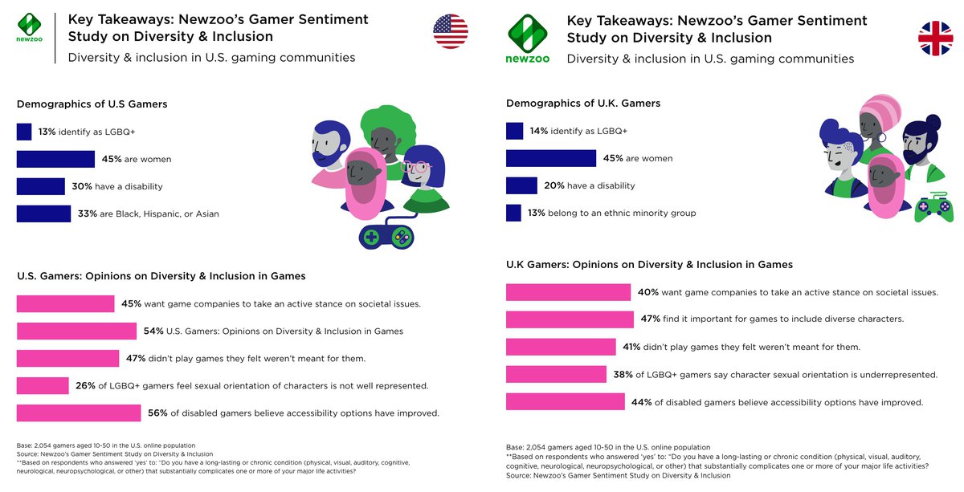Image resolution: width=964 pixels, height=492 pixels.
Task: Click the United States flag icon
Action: [x=451, y=31]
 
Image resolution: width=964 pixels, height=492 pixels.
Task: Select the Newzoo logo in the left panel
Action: [x=30, y=26]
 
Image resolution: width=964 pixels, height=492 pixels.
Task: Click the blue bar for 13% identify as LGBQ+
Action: [x=24, y=132]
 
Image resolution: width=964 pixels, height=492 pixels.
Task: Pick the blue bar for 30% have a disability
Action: [x=41, y=186]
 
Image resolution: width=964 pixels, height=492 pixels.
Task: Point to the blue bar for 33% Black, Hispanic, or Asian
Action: [x=43, y=213]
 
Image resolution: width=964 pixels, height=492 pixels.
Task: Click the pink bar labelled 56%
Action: [x=79, y=413]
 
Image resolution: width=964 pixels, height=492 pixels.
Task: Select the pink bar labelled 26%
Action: [x=43, y=385]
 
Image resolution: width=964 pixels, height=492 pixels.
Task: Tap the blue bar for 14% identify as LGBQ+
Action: [x=515, y=131]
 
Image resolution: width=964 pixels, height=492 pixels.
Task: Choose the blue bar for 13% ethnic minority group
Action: [x=514, y=213]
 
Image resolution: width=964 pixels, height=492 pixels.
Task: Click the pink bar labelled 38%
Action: [x=556, y=374]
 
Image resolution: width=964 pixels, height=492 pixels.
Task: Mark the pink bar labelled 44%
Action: [x=566, y=401]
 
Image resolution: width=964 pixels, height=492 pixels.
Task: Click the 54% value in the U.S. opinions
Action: [x=153, y=331]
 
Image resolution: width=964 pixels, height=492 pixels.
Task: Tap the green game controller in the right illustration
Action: [x=933, y=209]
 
